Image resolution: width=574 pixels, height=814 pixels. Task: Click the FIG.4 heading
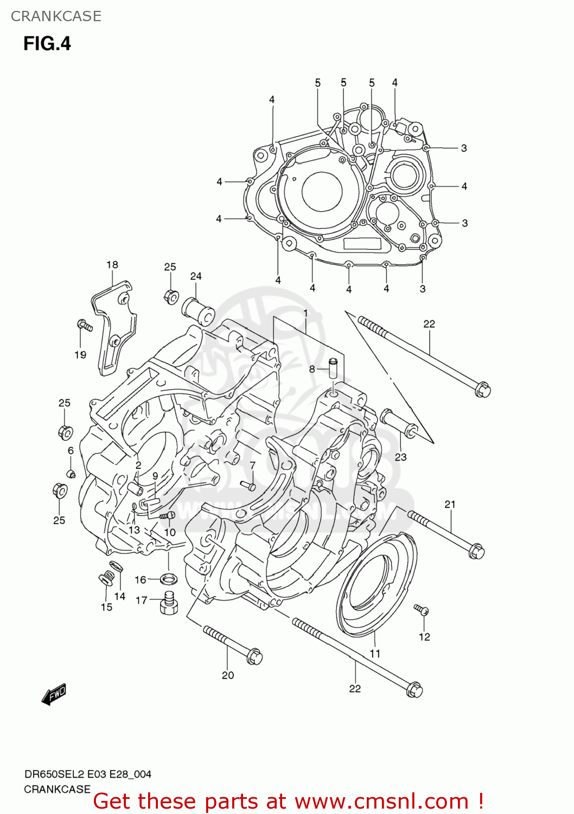[x=47, y=43]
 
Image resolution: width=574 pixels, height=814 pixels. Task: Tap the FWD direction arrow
[x=54, y=694]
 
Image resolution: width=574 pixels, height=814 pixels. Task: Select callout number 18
[x=112, y=265]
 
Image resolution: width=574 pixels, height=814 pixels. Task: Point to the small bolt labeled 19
[x=85, y=325]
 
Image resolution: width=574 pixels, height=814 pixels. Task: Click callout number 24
[x=196, y=276]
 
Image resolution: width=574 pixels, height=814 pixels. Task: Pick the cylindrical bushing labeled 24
[x=198, y=311]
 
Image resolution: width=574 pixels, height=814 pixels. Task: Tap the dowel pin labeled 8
[x=333, y=368]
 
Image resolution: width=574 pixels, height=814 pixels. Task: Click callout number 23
[x=400, y=457]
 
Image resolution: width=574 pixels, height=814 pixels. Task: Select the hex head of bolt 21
[x=476, y=551]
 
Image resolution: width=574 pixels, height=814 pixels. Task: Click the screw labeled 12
[x=422, y=610]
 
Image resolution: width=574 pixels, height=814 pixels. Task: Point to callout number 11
[x=375, y=653]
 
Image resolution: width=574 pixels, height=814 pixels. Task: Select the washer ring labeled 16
[x=168, y=578]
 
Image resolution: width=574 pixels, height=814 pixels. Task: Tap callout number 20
[x=227, y=675]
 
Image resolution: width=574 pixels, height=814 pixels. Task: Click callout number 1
[x=305, y=313]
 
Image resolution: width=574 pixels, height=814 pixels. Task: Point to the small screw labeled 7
[x=248, y=485]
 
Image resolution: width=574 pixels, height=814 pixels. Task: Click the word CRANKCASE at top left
[x=56, y=16]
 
